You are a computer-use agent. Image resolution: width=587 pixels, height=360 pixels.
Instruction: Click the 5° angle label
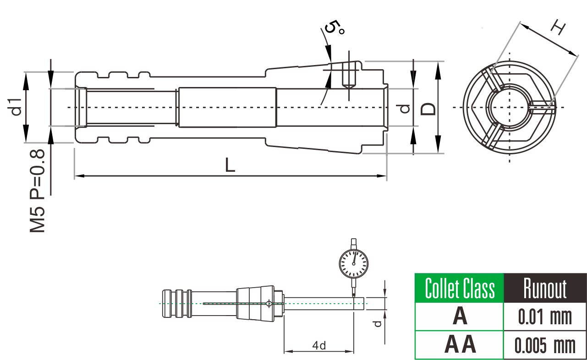[x=334, y=27]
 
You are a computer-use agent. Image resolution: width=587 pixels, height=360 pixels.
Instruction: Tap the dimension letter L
[x=230, y=165]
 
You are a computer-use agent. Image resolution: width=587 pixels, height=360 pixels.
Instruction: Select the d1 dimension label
[x=15, y=107]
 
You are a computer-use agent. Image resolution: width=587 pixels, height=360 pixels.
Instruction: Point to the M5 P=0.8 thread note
[x=37, y=191]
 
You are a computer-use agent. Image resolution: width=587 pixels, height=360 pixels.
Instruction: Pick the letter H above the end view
[x=558, y=28]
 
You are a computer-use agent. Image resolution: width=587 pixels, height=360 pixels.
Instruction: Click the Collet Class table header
[x=460, y=288]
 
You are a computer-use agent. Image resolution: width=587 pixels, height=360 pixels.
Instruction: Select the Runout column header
[x=545, y=288]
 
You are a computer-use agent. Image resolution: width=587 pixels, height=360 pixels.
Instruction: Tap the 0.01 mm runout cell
[x=545, y=317]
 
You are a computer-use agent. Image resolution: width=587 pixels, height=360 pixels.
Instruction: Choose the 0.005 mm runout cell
[x=545, y=345]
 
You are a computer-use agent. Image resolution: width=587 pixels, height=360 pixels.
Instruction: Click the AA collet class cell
[x=460, y=344]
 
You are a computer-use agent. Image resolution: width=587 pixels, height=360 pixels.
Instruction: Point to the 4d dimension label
[x=319, y=346]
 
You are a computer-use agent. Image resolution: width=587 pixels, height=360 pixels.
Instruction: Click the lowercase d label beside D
[x=405, y=109]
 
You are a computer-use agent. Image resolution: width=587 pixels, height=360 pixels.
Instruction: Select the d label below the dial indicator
[x=378, y=324]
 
